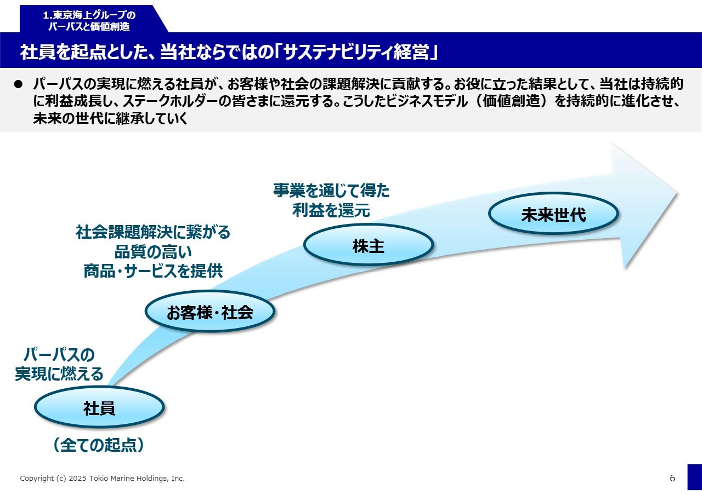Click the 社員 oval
[x=99, y=407]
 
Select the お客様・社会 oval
[x=210, y=312]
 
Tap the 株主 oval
[x=368, y=246]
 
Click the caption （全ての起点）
[x=99, y=445]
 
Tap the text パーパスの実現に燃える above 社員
[x=59, y=364]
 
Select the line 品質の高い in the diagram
[x=152, y=251]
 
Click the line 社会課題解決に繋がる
[x=153, y=232]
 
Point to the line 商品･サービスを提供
[x=153, y=271]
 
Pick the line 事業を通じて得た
[x=331, y=190]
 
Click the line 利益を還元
[x=331, y=210]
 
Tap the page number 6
[x=672, y=478]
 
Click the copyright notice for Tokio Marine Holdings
[x=103, y=479]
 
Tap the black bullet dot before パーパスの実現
[x=18, y=84]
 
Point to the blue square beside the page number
[x=694, y=477]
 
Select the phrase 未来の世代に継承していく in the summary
[x=110, y=119]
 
